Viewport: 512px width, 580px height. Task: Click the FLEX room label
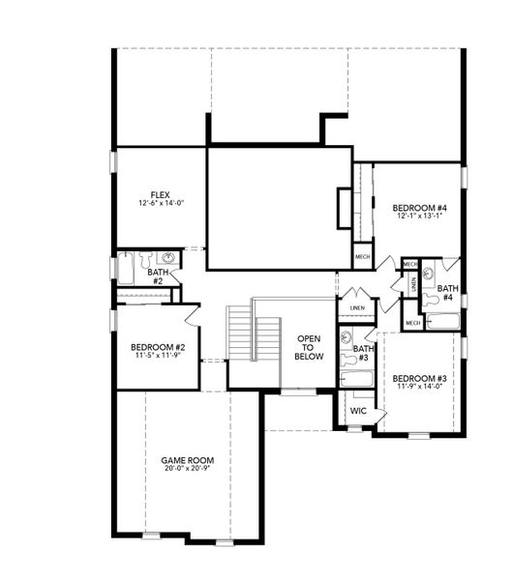pos(160,194)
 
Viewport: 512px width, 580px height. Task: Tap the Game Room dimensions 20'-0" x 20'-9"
pos(186,469)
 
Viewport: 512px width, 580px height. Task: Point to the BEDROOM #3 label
pos(418,378)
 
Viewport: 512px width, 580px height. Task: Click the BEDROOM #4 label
pos(418,208)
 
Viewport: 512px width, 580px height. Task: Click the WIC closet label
pos(358,411)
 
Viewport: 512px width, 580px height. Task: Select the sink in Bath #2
pos(167,258)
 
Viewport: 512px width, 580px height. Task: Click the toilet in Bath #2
pos(145,259)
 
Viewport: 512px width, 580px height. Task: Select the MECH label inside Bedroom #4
pos(362,256)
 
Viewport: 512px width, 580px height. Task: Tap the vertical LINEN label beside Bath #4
pos(413,284)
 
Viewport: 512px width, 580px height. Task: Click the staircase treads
pos(239,333)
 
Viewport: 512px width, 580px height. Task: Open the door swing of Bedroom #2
pos(191,314)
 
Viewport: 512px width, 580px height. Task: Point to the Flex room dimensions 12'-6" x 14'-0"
pos(160,205)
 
